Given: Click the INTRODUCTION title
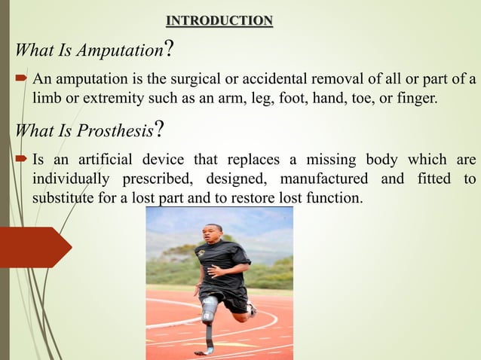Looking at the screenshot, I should pos(219,20).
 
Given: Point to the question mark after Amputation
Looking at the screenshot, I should pos(170,50).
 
